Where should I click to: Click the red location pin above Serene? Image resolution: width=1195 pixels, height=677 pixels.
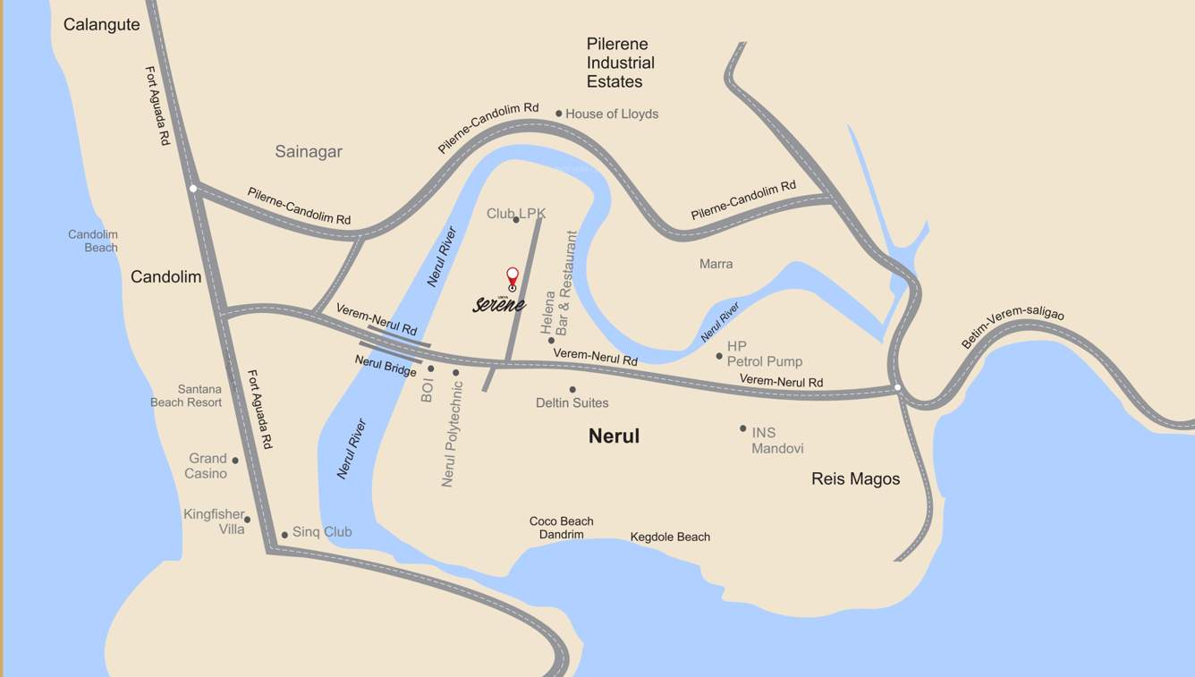click(x=513, y=276)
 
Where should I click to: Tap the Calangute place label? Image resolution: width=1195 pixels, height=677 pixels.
click(x=101, y=25)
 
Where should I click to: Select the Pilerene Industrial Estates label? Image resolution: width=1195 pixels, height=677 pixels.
click(x=620, y=63)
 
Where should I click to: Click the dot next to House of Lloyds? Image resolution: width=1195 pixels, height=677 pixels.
click(x=559, y=114)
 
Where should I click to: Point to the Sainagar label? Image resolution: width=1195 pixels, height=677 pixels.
click(x=309, y=152)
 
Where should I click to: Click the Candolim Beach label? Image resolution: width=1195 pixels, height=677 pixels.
click(x=93, y=241)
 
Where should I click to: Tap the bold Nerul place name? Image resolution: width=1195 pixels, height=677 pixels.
click(x=614, y=436)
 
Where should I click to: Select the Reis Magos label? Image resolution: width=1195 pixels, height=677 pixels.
click(x=855, y=478)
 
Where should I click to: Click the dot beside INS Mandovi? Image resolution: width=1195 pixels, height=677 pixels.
click(x=742, y=428)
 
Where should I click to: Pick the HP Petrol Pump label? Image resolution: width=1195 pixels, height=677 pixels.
click(x=764, y=354)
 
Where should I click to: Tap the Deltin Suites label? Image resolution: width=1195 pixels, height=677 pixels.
click(x=572, y=402)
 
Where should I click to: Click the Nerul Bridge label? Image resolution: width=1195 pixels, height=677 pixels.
click(x=386, y=366)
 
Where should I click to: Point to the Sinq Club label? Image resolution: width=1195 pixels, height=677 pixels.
click(x=322, y=532)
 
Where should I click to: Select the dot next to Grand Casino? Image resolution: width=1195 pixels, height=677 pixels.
click(x=235, y=461)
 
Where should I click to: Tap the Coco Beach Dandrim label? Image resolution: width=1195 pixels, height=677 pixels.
click(x=561, y=528)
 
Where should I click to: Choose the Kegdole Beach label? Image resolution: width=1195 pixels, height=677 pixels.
click(x=670, y=537)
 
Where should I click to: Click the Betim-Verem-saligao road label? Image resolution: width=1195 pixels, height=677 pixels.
click(x=1013, y=327)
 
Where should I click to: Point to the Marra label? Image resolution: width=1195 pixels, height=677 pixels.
click(x=716, y=264)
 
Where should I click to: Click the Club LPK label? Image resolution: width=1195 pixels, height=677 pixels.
click(x=515, y=214)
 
